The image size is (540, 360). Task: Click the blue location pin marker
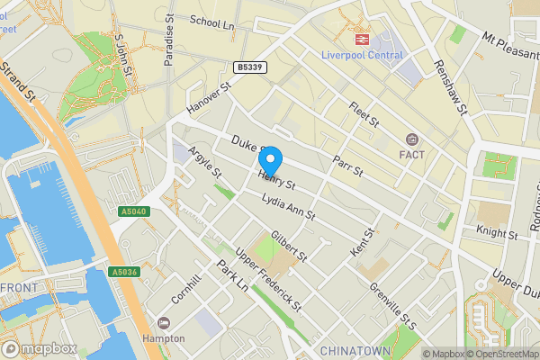pyautogui.click(x=269, y=160)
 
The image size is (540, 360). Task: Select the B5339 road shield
pyautogui.click(x=251, y=67)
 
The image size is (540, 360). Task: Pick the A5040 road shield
pyautogui.click(x=131, y=211)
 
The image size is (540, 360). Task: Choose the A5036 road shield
pyautogui.click(x=123, y=271)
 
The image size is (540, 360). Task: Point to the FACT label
pyautogui.click(x=412, y=155)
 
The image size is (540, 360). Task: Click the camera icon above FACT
pyautogui.click(x=412, y=139)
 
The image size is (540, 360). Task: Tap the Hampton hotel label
pyautogui.click(x=163, y=338)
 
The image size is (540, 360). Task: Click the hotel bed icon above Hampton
pyautogui.click(x=163, y=323)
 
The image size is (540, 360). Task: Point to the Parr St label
pyautogui.click(x=346, y=165)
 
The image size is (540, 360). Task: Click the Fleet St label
pyautogui.click(x=364, y=115)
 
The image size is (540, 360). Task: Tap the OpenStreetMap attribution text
pyautogui.click(x=498, y=354)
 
